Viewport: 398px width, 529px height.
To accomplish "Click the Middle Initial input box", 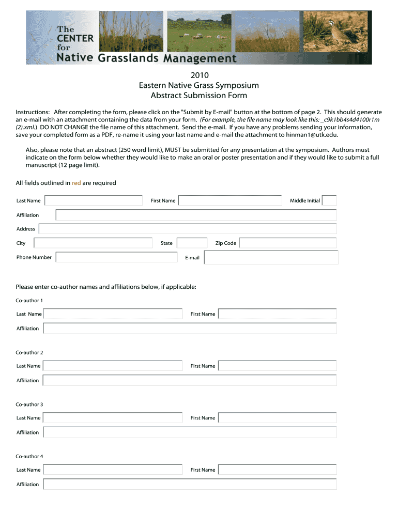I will coord(329,200).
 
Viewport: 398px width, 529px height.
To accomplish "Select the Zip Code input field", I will coord(288,243).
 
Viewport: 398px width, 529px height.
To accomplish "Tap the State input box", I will coord(192,243).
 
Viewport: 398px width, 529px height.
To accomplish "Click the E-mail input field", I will coord(271,257).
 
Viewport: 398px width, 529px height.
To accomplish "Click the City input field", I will coord(93,243).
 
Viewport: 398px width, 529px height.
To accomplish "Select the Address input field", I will coord(188,229).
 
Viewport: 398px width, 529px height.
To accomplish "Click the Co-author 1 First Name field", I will coord(277,314).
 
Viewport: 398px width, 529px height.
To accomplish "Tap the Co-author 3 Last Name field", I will coord(113,417).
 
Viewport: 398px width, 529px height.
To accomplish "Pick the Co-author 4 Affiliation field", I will coord(190,484).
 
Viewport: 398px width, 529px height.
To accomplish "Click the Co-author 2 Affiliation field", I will coord(190,380).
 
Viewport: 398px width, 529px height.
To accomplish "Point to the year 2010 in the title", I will coord(199,75).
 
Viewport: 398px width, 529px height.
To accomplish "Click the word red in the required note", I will coord(76,183).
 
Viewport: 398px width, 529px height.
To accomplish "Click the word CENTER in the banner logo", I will coord(75,38).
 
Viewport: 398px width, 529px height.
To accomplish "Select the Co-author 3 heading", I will coord(29,404).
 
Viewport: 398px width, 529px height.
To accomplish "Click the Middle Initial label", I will coord(305,200).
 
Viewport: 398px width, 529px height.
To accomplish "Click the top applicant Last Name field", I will coord(94,200).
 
